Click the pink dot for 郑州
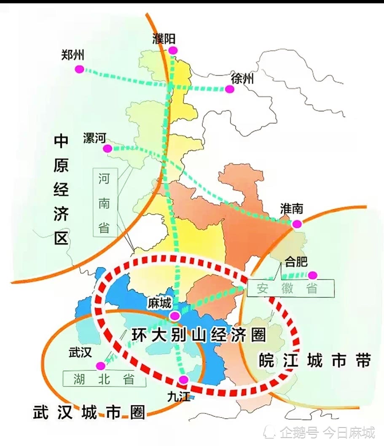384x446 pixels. tap(79, 69)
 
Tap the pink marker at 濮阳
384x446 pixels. tap(173, 51)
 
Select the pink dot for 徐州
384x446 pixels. tap(229, 89)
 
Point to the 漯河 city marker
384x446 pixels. tap(107, 148)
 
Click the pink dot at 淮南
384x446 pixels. tap(297, 224)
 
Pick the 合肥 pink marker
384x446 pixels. tap(312, 276)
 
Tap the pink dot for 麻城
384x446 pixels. tap(175, 316)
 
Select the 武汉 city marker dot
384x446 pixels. tap(100, 365)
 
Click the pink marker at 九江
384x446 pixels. tap(183, 379)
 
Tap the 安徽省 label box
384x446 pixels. tap(290, 288)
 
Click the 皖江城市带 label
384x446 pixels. tap(315, 361)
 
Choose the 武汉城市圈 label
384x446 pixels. tap(89, 412)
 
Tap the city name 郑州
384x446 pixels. tap(73, 55)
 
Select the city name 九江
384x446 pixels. tap(178, 396)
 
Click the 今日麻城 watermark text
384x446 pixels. tap(349, 432)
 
